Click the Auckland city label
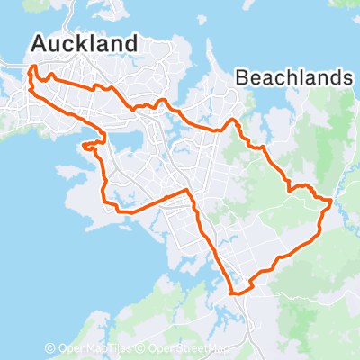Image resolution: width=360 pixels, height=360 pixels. click(85, 43)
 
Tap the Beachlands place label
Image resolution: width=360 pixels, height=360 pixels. click(293, 78)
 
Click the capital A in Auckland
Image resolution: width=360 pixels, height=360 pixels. click(39, 43)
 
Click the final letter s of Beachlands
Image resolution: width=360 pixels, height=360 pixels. click(346, 78)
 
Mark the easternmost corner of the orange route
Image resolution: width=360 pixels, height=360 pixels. click(332, 203)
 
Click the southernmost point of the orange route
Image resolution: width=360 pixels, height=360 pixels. click(236, 293)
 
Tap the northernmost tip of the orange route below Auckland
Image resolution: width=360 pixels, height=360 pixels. click(33, 66)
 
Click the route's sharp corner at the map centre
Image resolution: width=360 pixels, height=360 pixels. click(186, 190)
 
